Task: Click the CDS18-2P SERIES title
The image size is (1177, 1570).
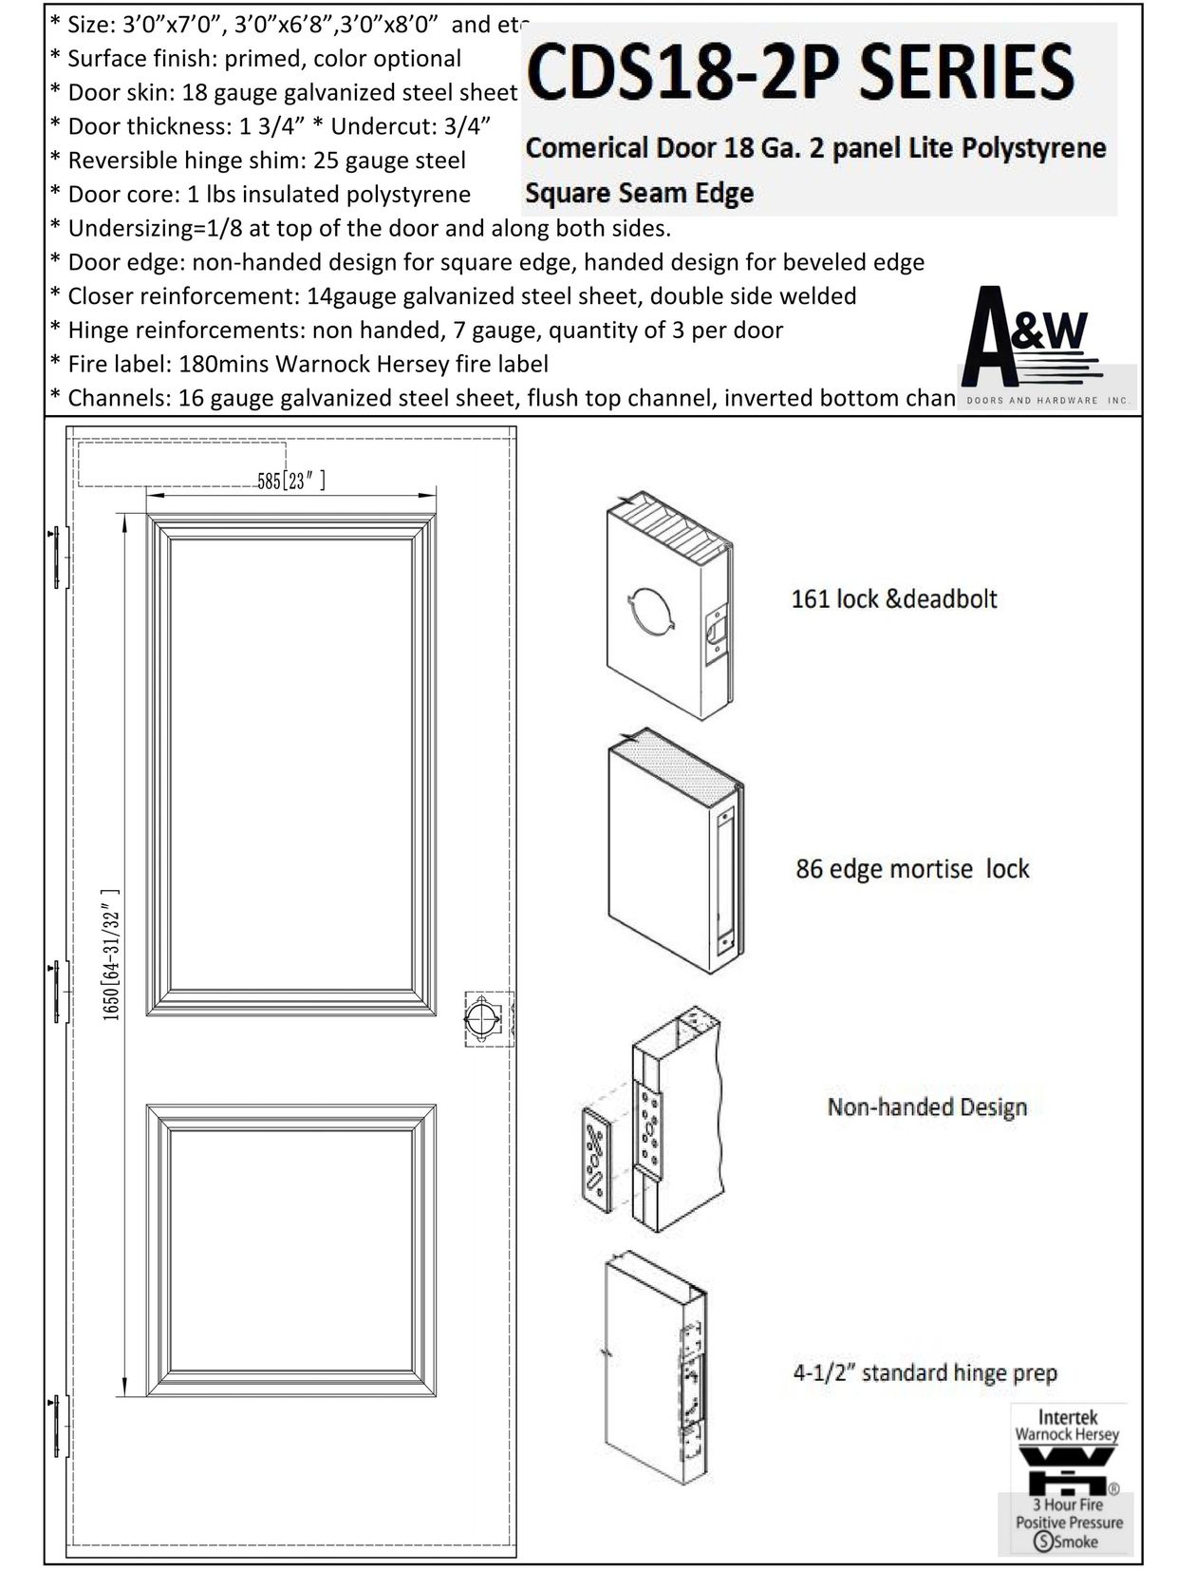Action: tap(800, 74)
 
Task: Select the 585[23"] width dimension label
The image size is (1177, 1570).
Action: tap(291, 482)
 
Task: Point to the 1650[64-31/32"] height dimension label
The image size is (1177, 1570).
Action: tap(111, 954)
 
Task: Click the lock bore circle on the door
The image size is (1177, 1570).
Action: tap(481, 1018)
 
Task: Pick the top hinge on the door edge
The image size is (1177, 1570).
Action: tap(60, 558)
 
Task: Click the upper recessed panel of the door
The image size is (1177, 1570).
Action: tap(290, 765)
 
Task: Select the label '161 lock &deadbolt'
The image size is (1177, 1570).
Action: tap(893, 599)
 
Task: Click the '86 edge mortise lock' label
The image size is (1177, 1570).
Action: tap(911, 869)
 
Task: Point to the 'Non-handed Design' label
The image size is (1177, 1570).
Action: tap(926, 1107)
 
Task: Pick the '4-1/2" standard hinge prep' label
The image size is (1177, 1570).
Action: tap(925, 1372)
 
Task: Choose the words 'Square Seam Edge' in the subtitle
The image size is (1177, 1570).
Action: tap(639, 193)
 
